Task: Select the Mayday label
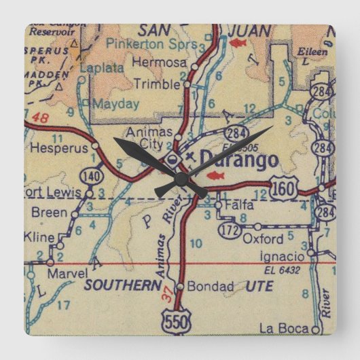click(115, 104)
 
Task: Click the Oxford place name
click(263, 238)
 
